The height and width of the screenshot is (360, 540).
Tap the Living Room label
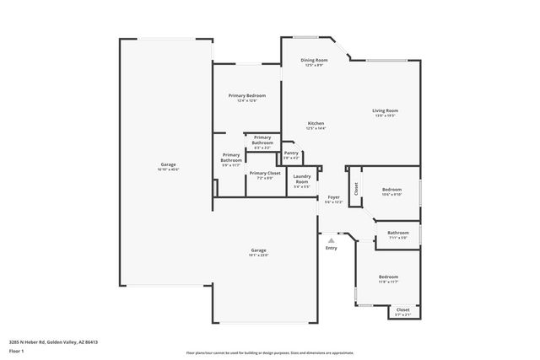(386, 110)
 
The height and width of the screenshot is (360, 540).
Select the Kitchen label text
(316, 123)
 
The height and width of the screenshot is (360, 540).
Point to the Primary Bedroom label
(247, 95)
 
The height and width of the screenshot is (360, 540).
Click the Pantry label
(290, 153)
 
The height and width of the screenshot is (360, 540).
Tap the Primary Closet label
(265, 173)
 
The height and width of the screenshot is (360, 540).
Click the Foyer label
(334, 196)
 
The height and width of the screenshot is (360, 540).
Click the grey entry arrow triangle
(331, 239)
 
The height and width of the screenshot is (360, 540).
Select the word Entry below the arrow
(331, 248)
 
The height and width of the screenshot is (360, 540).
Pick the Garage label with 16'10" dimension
(169, 164)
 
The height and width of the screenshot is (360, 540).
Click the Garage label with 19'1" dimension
(258, 250)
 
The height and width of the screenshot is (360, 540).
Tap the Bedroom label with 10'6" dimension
(392, 190)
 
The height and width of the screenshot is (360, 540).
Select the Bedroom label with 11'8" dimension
(388, 277)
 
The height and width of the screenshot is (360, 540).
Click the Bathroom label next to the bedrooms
(397, 233)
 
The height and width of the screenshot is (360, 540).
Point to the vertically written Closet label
(356, 189)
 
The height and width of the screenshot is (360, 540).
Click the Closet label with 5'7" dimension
(403, 309)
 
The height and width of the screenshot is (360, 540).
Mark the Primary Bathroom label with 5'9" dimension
(231, 158)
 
